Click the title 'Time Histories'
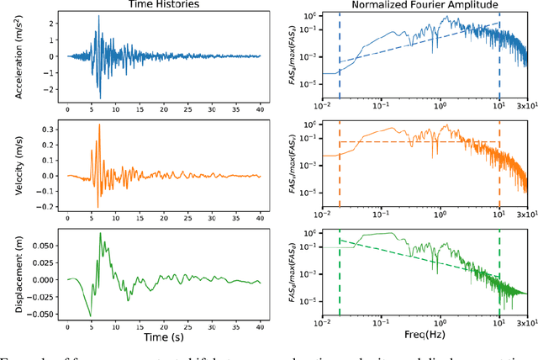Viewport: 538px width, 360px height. point(163,5)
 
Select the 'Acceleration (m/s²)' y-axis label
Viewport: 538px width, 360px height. point(19,56)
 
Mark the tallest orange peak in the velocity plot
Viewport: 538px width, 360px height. point(99,124)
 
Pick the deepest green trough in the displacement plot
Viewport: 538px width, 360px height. point(91,316)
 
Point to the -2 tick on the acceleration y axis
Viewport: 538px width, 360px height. point(53,87)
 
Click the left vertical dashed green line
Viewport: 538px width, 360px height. point(340,278)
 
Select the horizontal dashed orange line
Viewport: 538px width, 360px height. point(420,142)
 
